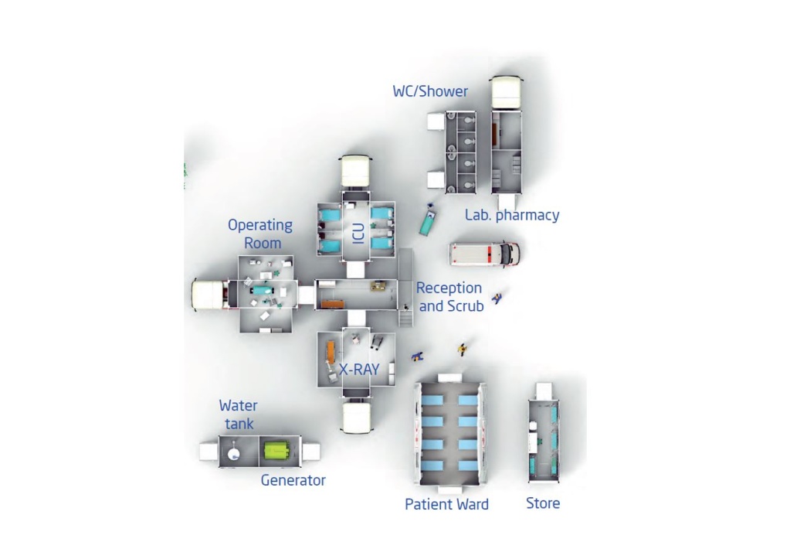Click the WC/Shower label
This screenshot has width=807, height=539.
point(430,91)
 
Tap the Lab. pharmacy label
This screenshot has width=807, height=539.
point(512,215)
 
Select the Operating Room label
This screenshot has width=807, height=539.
point(260,234)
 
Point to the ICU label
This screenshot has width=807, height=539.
point(359,234)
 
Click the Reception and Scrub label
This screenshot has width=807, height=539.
point(449,297)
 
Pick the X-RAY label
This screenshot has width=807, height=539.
point(359,369)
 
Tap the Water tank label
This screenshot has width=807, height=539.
point(238,414)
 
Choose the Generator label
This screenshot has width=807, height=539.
point(293,480)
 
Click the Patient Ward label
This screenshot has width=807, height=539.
point(446,504)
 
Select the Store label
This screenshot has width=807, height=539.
point(543,503)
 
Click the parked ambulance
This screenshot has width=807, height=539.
point(485,254)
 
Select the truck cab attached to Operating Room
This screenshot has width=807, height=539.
point(210,294)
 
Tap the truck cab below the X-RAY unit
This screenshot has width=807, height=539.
point(356,416)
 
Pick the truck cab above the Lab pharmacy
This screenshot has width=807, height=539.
point(507,93)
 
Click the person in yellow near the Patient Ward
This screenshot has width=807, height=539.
point(462,350)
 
